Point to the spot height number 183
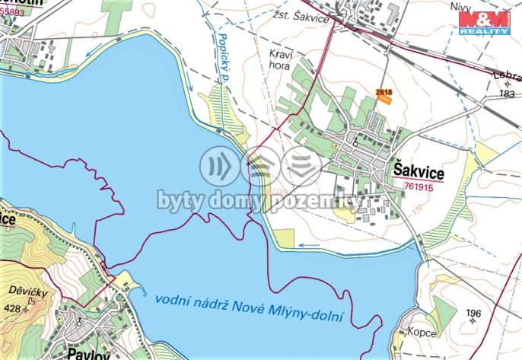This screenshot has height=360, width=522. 508,94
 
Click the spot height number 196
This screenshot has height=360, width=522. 473,313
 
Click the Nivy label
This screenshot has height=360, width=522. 459,6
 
